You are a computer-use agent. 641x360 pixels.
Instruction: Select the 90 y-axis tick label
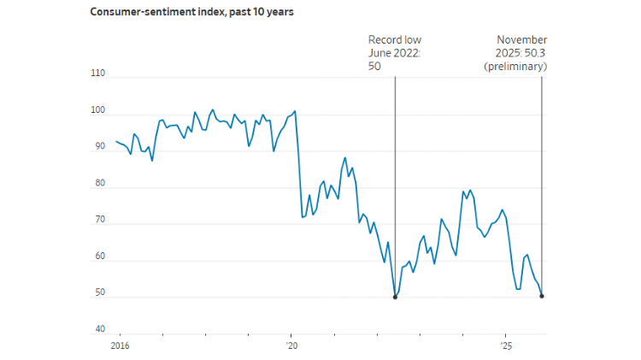coord(99,147)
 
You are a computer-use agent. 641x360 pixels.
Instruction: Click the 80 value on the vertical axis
coord(99,184)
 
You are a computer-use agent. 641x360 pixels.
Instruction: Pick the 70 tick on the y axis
coord(99,221)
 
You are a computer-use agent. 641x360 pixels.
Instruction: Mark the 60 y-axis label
coord(99,257)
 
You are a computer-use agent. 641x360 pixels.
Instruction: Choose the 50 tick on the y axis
coord(99,293)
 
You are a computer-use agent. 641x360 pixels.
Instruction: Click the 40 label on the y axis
coord(99,330)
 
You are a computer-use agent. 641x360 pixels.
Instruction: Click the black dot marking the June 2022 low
coord(395,297)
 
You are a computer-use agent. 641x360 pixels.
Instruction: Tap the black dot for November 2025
coord(542,296)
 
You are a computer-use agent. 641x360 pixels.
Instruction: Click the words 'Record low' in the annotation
coord(395,40)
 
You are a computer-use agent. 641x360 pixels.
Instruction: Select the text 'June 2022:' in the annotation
coord(395,53)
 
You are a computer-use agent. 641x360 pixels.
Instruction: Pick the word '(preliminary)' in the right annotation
coord(515,66)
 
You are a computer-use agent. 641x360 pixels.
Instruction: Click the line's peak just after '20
coord(295,111)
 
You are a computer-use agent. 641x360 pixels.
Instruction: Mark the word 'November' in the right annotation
coord(521,40)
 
